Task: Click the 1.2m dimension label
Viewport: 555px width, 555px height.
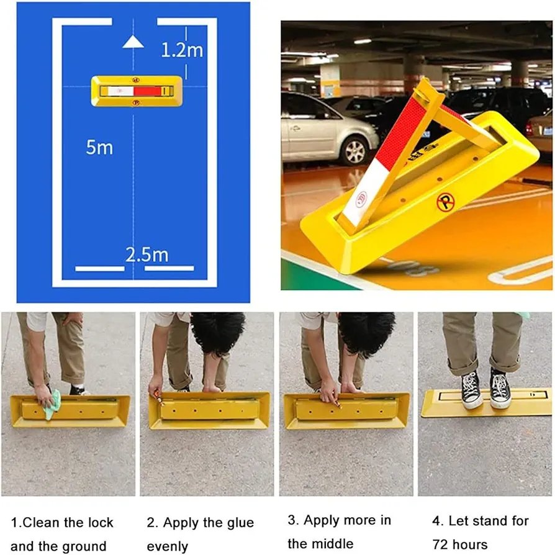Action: [x=182, y=50]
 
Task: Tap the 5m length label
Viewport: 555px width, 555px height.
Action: [x=99, y=147]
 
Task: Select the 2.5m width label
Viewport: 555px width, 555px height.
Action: [x=147, y=255]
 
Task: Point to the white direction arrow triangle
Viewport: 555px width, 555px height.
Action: [x=133, y=42]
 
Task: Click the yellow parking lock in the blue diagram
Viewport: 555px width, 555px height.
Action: [x=137, y=91]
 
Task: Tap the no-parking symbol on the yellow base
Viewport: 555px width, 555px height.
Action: [x=445, y=203]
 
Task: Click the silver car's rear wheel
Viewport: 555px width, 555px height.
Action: [x=355, y=151]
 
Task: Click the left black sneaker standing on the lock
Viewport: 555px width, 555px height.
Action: [x=471, y=390]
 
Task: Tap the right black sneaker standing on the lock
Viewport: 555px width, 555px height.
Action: [x=500, y=389]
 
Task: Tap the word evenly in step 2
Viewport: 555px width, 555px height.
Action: [x=167, y=547]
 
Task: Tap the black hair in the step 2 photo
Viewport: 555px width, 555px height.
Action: [x=218, y=333]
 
